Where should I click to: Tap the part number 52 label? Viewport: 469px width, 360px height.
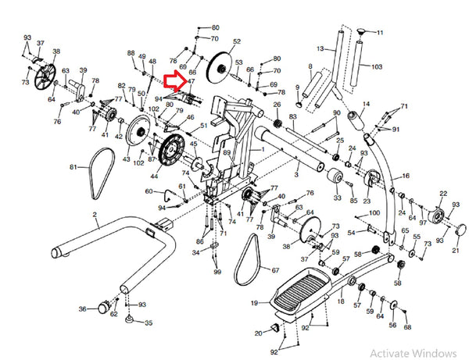(237, 41)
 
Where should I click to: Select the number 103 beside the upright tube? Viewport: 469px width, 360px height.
(377, 67)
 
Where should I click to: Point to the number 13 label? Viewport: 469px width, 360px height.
(320, 48)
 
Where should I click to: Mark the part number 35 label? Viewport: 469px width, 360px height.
(149, 323)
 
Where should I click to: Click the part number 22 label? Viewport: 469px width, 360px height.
(443, 194)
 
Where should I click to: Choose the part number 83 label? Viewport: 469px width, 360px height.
(292, 117)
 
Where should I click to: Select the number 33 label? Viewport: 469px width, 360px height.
(337, 198)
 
